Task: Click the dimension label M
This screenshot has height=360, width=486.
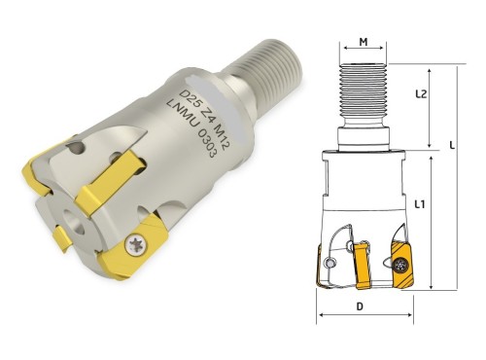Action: (364, 42)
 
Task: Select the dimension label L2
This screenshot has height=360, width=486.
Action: (421, 94)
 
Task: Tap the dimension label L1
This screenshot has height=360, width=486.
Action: (420, 204)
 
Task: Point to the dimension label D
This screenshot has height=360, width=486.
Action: (360, 306)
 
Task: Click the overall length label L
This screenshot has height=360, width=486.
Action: (452, 145)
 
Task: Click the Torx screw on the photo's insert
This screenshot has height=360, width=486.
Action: (136, 245)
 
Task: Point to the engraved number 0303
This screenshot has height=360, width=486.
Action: (207, 143)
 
